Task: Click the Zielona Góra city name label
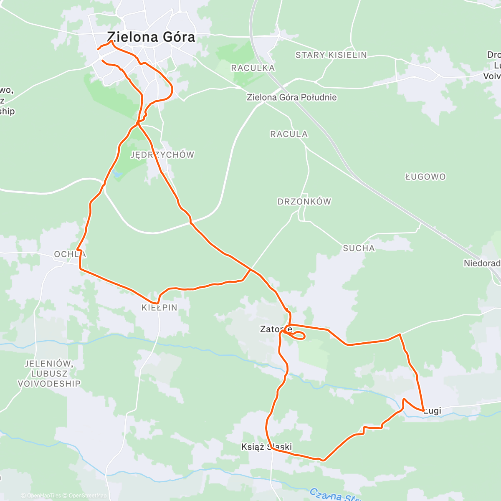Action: (x=151, y=37)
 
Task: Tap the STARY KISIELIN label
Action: (x=331, y=55)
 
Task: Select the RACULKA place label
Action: (x=253, y=68)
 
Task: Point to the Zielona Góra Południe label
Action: (x=291, y=97)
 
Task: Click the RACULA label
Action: (x=289, y=134)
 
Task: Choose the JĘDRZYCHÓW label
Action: (x=162, y=155)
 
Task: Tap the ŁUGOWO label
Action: (x=425, y=177)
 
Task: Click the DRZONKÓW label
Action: (x=304, y=202)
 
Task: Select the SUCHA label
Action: (x=359, y=248)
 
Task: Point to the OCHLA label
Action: (x=70, y=254)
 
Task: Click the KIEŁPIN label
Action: (x=159, y=308)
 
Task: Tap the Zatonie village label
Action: (x=276, y=329)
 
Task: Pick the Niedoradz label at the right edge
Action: (x=482, y=263)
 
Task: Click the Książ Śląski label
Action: (x=266, y=447)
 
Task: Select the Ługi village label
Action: (x=433, y=411)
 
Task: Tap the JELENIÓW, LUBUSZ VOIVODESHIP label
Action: (x=49, y=373)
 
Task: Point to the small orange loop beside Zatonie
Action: (x=299, y=336)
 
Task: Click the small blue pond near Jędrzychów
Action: (x=116, y=173)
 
